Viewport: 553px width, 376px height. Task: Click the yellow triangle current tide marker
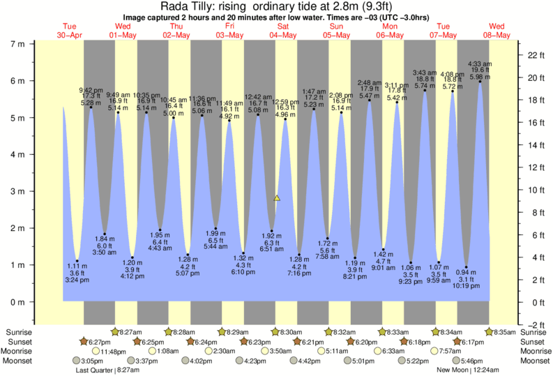[x=277, y=198]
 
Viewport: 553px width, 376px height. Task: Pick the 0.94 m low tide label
[x=467, y=271]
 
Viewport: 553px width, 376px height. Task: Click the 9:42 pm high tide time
[x=91, y=89]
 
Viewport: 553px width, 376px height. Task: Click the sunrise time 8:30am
[x=285, y=332]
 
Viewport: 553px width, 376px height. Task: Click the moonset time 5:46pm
[x=473, y=361]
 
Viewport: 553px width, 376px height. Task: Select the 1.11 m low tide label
[x=77, y=267]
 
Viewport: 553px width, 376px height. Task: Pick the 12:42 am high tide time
[x=258, y=96]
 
